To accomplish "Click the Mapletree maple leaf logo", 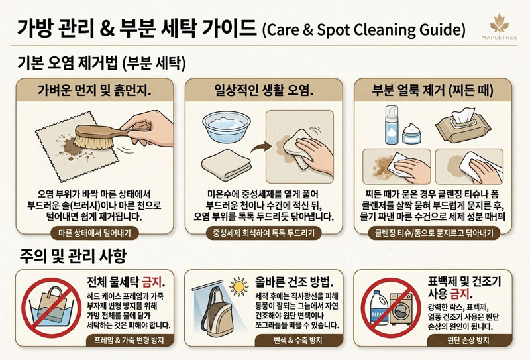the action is point(500,23).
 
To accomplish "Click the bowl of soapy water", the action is point(227,126).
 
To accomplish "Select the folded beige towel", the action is point(226,165).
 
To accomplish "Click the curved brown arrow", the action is point(260,148).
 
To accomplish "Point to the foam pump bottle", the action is point(392,125).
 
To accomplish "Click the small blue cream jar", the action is point(411,133).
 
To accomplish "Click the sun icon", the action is point(238,287).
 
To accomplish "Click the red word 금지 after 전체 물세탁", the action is point(153,282).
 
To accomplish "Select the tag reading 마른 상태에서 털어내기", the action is point(94,233).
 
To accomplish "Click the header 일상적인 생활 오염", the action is point(264,90).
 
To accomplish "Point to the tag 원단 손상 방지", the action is point(468,340).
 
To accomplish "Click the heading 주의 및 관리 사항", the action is point(73,256).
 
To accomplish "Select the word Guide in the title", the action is point(443,30).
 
